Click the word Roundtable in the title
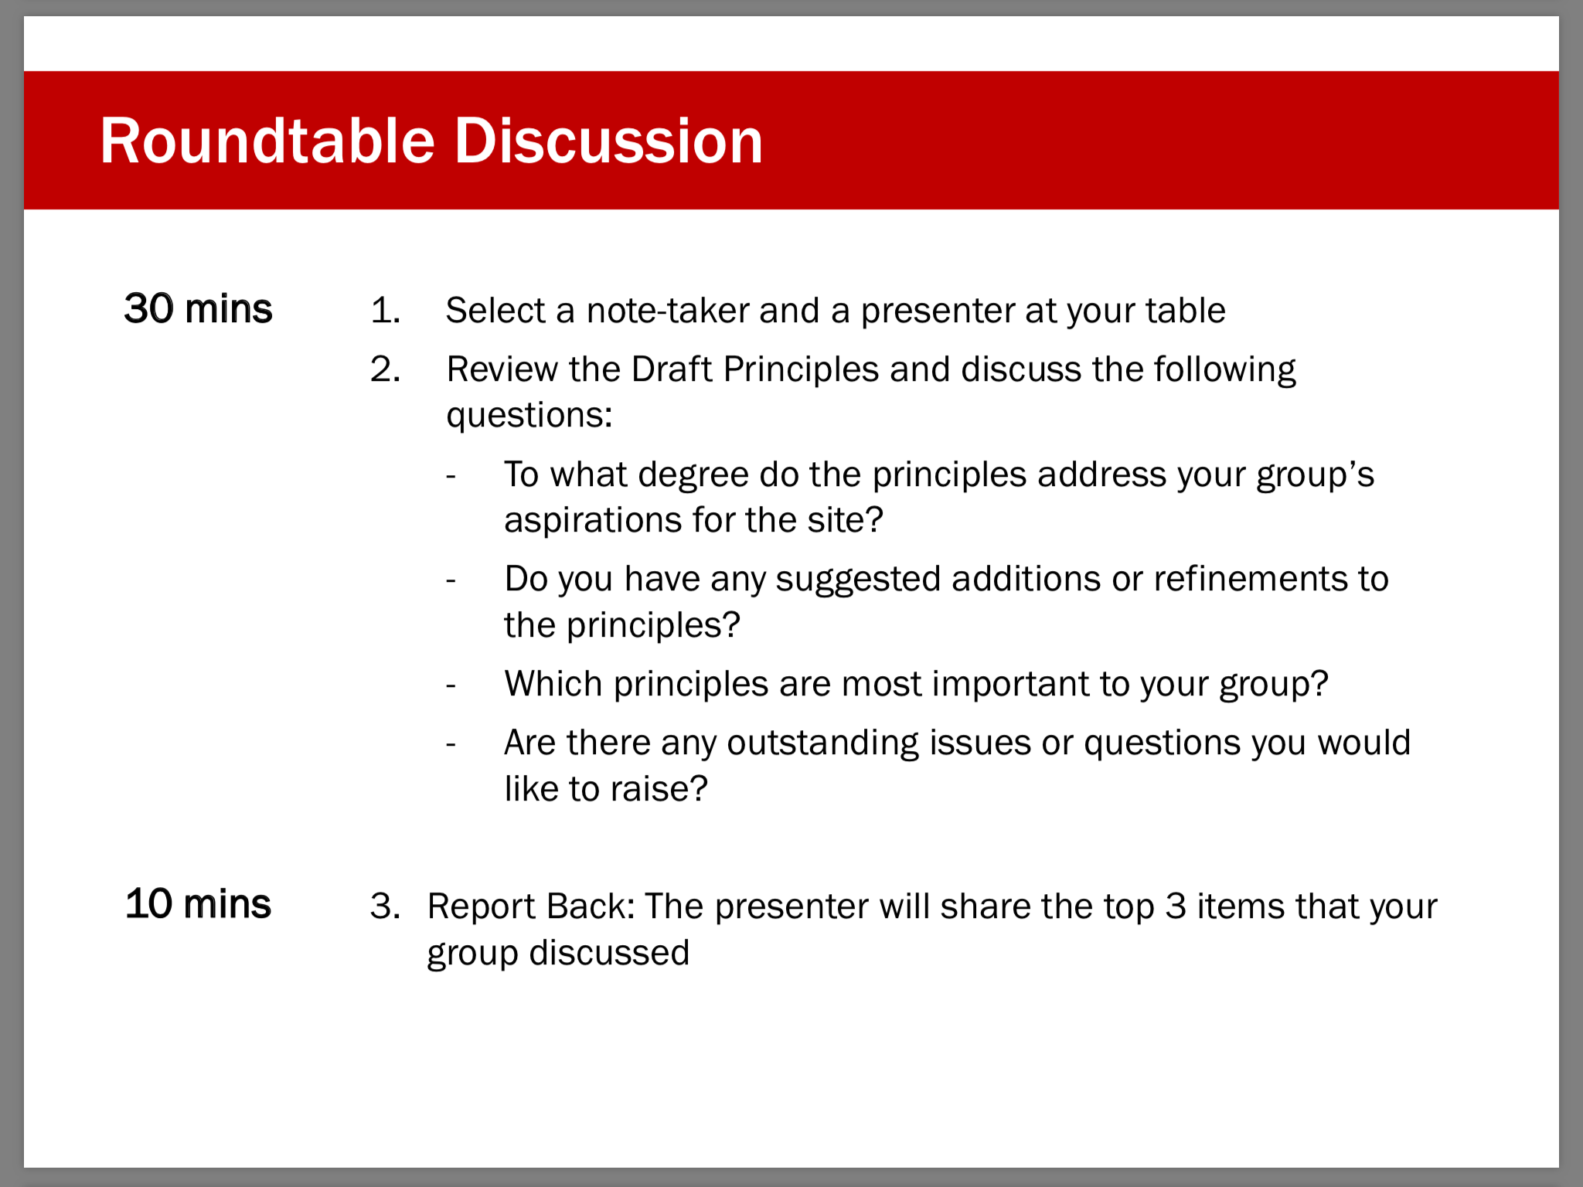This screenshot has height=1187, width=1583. [267, 141]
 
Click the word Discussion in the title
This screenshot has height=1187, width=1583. [609, 141]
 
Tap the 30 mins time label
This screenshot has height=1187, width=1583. [198, 309]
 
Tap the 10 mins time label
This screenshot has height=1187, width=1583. [198, 904]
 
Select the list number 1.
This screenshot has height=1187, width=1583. [385, 311]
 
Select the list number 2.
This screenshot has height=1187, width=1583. [385, 369]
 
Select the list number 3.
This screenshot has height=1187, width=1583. [385, 906]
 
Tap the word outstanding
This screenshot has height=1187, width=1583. [822, 743]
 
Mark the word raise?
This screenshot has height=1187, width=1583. [659, 790]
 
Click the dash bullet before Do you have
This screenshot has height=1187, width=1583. [451, 580]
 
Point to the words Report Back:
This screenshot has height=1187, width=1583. [531, 906]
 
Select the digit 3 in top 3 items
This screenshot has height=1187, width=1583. [1176, 906]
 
